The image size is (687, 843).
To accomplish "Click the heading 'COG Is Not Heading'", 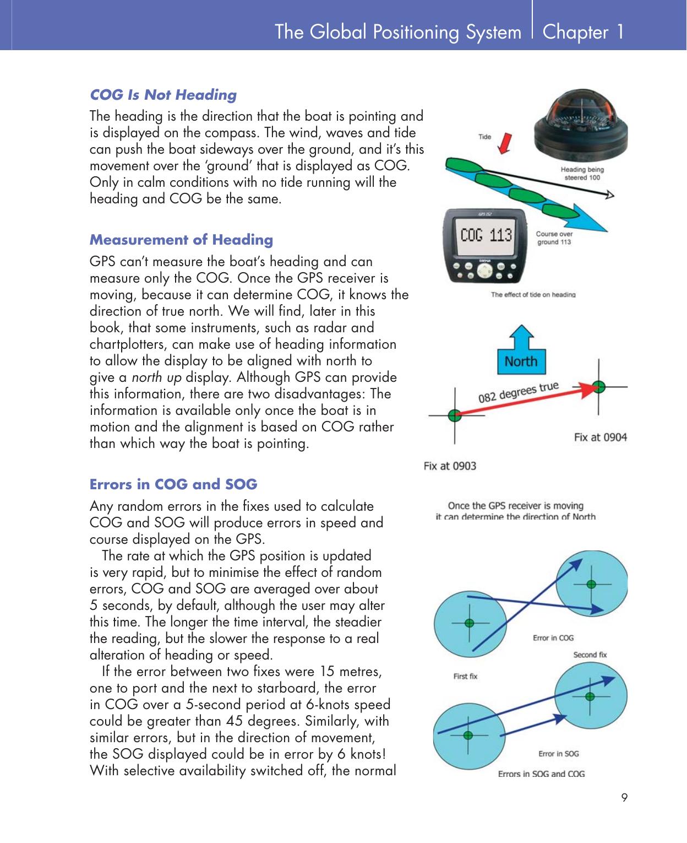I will click(x=163, y=95).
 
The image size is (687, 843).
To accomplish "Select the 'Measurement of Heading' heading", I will click(x=181, y=240).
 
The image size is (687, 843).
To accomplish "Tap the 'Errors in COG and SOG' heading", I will click(x=173, y=484).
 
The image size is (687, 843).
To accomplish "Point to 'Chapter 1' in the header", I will click(x=583, y=32).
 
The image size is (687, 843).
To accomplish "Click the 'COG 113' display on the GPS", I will click(x=486, y=236).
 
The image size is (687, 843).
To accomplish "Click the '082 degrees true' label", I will click(x=518, y=392).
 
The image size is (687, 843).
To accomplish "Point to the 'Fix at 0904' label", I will click(x=600, y=437).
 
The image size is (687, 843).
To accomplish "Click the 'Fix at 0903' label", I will click(x=450, y=466).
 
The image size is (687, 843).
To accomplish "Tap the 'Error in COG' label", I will click(x=553, y=638).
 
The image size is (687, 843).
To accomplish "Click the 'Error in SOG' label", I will click(x=558, y=754).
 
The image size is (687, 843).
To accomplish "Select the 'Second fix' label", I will click(x=590, y=655).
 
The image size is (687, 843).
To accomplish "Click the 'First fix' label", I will click(x=465, y=677).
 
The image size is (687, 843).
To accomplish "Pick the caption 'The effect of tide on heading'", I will click(x=533, y=295).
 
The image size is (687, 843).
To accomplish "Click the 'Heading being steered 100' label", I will click(x=582, y=174).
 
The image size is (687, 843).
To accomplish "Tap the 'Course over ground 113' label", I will click(x=554, y=238).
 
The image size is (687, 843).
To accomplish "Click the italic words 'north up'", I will click(x=157, y=377).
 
